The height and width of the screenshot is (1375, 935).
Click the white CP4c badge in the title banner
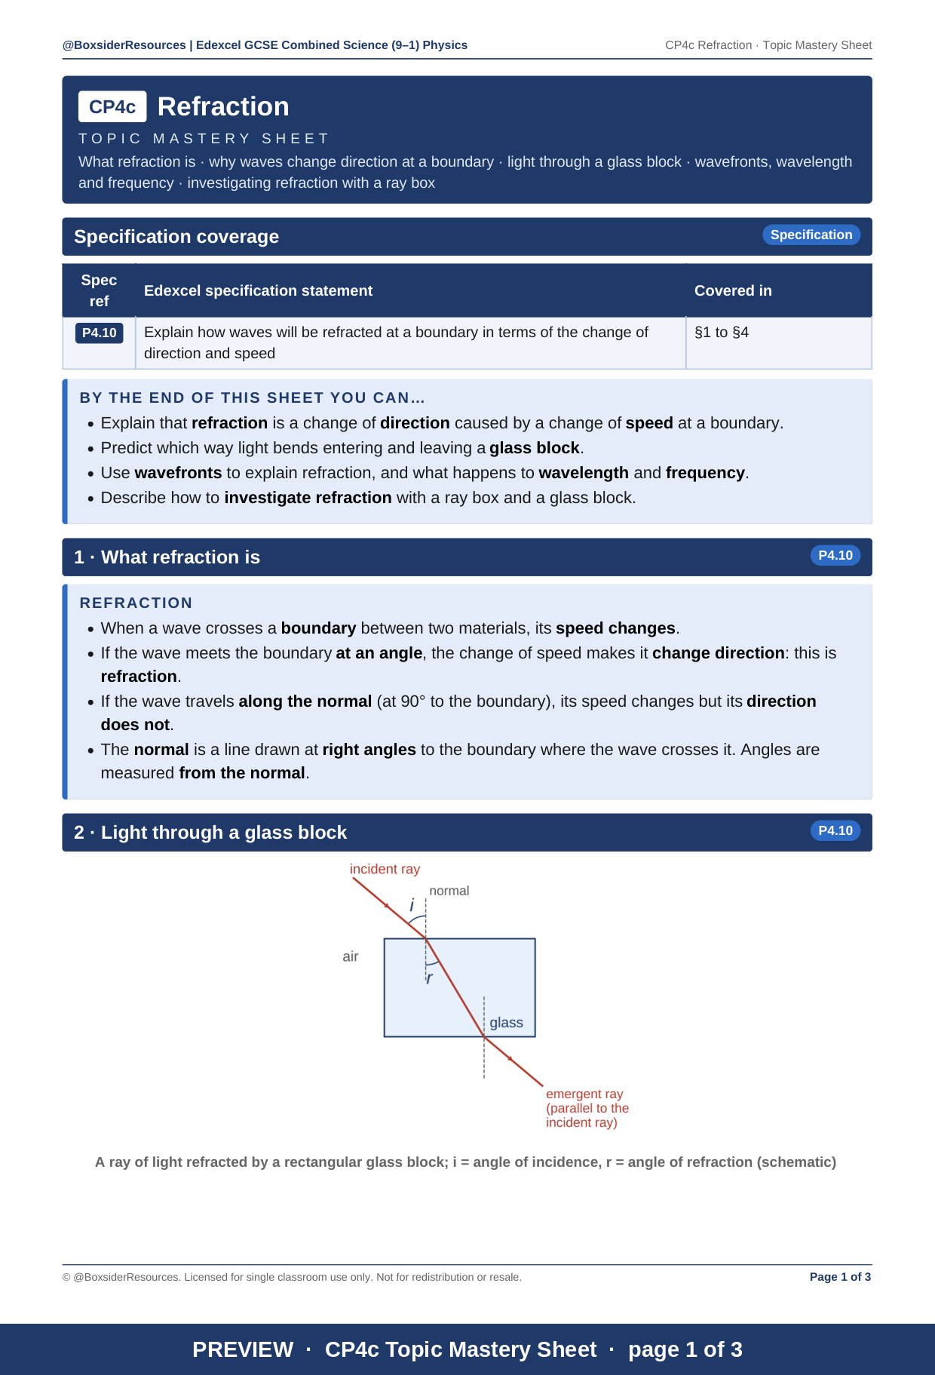112,106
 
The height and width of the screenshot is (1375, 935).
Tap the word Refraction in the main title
223,106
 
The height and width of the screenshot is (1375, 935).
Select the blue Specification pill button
811,235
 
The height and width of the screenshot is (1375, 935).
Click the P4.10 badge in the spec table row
99,333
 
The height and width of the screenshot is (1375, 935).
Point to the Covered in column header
733,290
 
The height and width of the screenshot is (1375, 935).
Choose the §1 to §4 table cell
722,332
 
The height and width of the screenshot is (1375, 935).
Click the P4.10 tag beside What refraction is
835,555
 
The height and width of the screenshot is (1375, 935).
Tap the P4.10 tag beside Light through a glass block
835,830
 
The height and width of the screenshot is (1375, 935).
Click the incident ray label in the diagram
385,869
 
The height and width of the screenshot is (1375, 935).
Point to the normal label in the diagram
449,891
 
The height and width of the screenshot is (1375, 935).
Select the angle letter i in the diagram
412,905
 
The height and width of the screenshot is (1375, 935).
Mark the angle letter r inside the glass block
430,978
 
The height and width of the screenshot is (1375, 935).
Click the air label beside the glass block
351,956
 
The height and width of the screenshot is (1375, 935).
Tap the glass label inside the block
506,1023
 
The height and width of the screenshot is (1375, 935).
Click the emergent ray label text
587,1108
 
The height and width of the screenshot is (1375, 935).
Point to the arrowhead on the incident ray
388,906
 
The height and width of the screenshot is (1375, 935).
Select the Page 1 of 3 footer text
840,1277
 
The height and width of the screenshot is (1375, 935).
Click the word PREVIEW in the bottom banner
243,1349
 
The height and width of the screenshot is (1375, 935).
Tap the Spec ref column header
99,290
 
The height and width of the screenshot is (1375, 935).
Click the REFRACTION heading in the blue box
136,603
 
